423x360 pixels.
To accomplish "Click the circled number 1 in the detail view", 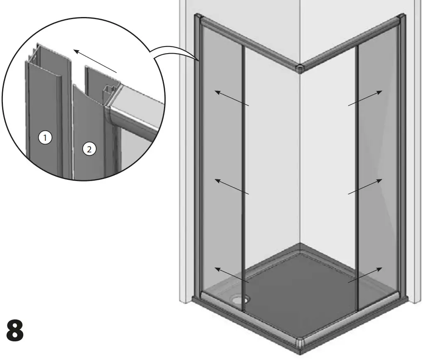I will click(x=46, y=137).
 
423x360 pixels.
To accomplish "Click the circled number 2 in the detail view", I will click(x=88, y=149).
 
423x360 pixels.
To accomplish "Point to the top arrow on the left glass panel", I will click(x=232, y=99).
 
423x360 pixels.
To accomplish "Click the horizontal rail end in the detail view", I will click(x=133, y=112).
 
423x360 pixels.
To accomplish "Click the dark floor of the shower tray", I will click(x=299, y=291).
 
